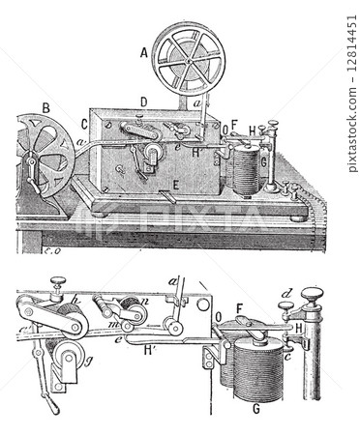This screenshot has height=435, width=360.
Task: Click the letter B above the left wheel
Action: (45, 107)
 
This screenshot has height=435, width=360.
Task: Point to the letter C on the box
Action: (84, 125)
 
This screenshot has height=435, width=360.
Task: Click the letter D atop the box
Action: (143, 101)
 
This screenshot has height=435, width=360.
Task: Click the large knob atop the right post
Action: (312, 295)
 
